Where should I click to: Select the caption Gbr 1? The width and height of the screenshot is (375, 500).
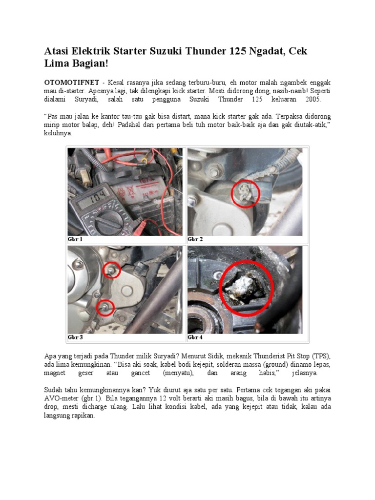coord(75,239)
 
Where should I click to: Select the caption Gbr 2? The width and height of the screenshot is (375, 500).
coord(195,239)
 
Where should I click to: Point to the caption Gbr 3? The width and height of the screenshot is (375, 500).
coord(75,337)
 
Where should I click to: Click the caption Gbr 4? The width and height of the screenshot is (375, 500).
coord(195,337)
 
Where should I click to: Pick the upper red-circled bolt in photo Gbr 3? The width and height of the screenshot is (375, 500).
coord(112,270)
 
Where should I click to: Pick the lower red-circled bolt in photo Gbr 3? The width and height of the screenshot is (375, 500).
coord(105,307)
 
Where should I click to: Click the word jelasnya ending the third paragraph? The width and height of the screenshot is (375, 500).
coord(305,373)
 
